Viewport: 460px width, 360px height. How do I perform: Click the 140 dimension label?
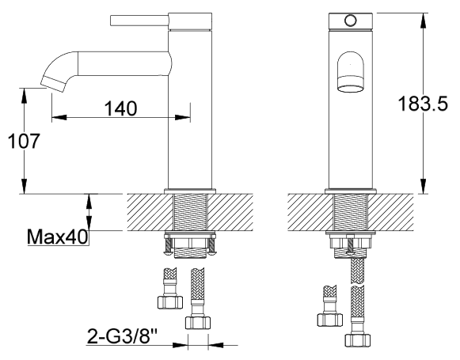pyautogui.click(x=121, y=108)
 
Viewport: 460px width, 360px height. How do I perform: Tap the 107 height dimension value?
pyautogui.click(x=24, y=141)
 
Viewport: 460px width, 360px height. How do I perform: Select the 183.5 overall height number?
pyautogui.click(x=423, y=104)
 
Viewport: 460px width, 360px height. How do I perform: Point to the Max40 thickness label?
pyautogui.click(x=58, y=237)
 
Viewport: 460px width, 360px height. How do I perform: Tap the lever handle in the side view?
pyautogui.click(x=139, y=21)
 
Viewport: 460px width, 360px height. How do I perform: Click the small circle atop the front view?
pyautogui.click(x=351, y=21)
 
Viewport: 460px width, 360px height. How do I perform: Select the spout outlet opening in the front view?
pyautogui.click(x=351, y=88)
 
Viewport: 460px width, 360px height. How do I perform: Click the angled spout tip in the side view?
pyautogui.click(x=55, y=84)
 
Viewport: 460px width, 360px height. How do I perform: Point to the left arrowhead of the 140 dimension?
pyautogui.click(x=59, y=117)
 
